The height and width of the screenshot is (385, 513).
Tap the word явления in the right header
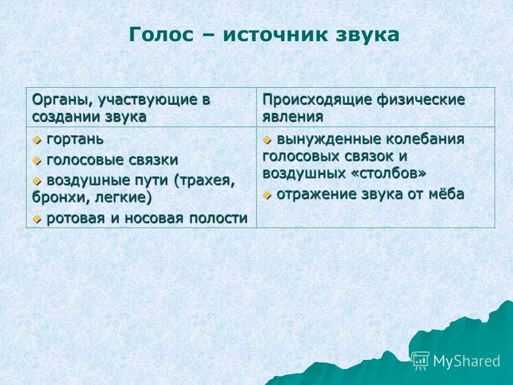[x=292, y=117]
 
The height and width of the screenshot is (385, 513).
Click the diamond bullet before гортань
[x=37, y=140]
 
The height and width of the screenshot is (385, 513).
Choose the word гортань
[x=75, y=140]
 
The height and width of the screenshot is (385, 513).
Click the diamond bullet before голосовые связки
[x=37, y=160]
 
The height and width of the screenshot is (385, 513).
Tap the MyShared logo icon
[x=421, y=361]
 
